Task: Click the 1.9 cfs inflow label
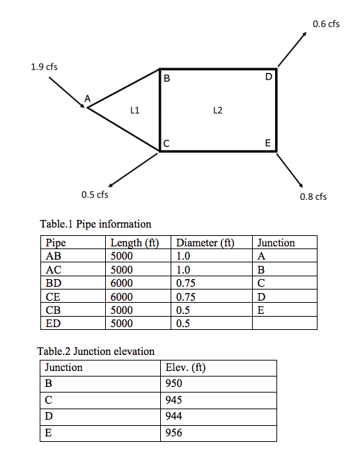pyautogui.click(x=44, y=67)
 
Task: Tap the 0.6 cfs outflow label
pyautogui.click(x=326, y=24)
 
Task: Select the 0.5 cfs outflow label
pyautogui.click(x=95, y=194)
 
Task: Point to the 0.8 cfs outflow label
pyautogui.click(x=313, y=196)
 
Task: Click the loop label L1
pyautogui.click(x=135, y=110)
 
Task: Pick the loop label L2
pyautogui.click(x=217, y=110)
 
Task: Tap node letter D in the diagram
pyautogui.click(x=268, y=77)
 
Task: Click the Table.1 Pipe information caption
pyautogui.click(x=95, y=224)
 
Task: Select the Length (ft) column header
pyautogui.click(x=134, y=243)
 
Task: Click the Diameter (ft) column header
pyautogui.click(x=204, y=243)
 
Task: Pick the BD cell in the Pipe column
pyautogui.click(x=52, y=283)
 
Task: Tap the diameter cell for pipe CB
pyautogui.click(x=183, y=310)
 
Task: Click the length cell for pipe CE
pyautogui.click(x=122, y=296)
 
